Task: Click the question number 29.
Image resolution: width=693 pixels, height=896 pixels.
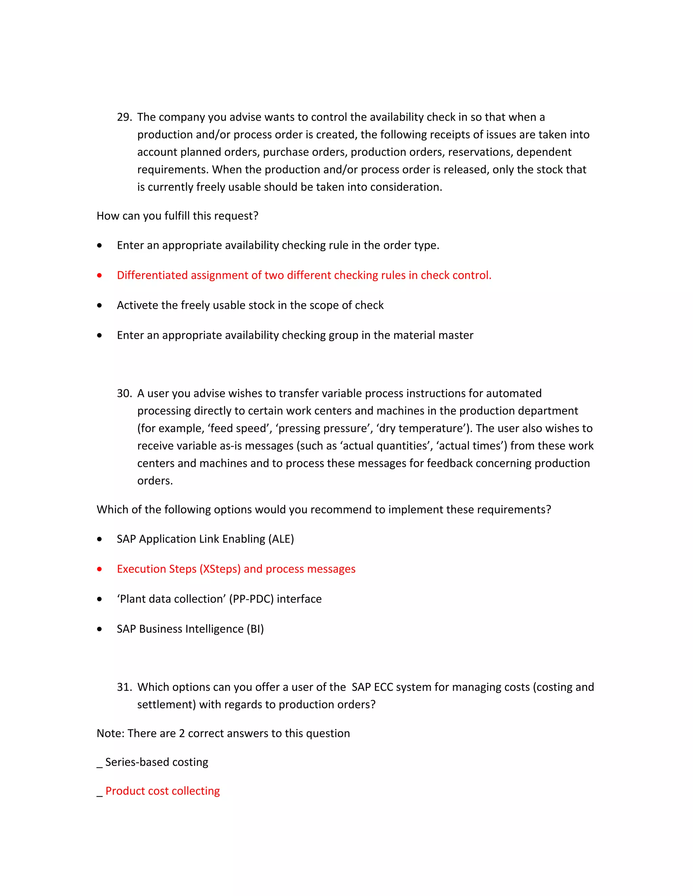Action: (x=124, y=117)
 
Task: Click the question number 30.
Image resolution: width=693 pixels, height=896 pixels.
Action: (x=124, y=394)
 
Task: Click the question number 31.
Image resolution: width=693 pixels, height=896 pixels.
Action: (x=124, y=687)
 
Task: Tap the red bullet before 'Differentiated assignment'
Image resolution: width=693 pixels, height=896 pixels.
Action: (x=99, y=275)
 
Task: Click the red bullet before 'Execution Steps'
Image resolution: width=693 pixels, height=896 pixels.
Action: (x=99, y=569)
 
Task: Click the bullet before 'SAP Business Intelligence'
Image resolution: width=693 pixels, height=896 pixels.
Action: (x=99, y=629)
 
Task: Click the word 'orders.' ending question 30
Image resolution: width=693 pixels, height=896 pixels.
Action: (x=155, y=481)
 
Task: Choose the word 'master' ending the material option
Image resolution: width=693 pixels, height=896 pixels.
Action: (x=456, y=336)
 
